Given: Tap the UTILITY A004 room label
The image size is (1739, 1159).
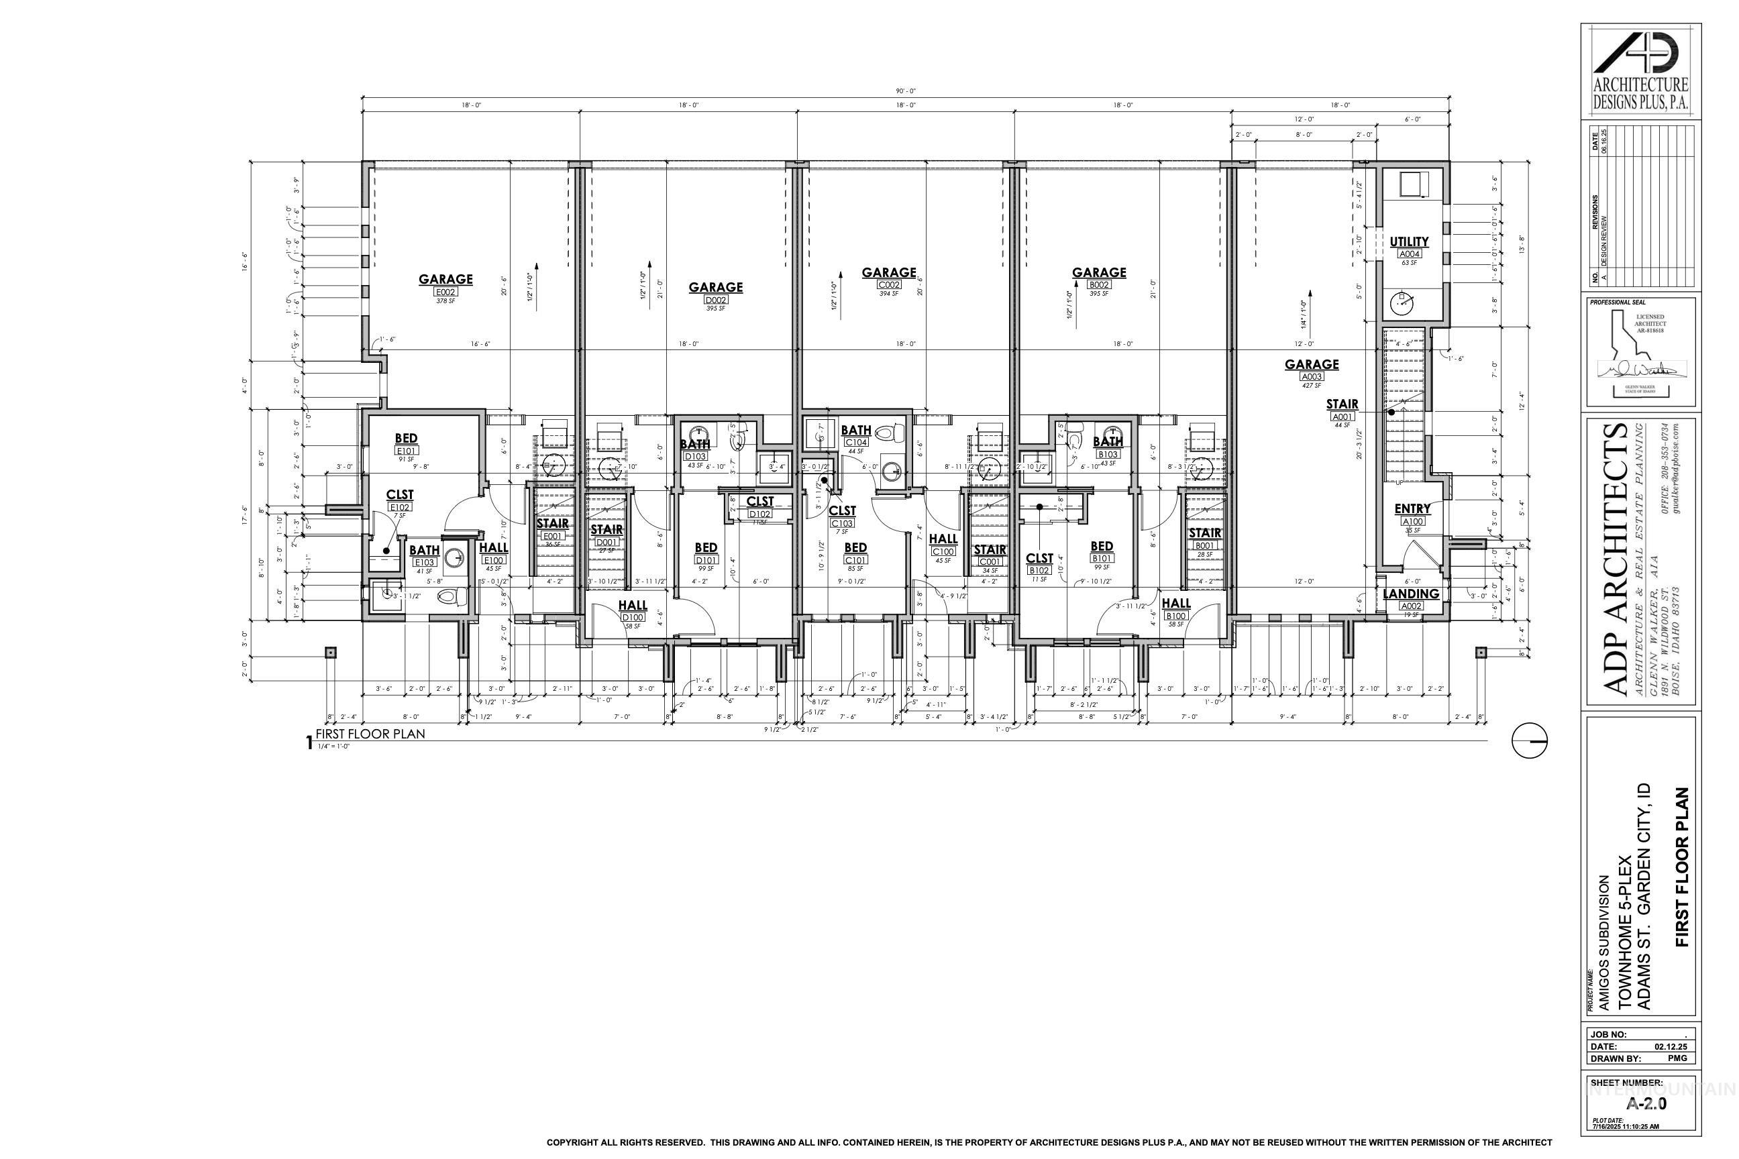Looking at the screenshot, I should (x=1408, y=242).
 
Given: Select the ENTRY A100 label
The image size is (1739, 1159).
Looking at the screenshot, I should (x=1412, y=510).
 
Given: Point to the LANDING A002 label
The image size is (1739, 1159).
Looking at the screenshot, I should (x=1411, y=594).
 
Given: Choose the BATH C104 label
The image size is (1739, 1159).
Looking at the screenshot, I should (x=855, y=431).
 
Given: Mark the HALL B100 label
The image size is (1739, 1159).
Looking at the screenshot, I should (x=1175, y=604).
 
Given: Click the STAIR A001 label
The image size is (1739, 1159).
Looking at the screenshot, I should (x=1341, y=405).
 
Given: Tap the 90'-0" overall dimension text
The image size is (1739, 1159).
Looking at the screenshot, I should (x=906, y=92).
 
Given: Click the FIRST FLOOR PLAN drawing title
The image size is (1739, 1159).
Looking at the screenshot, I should (x=370, y=734).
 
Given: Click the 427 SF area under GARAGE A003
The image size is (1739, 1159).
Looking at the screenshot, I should (x=1311, y=385).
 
